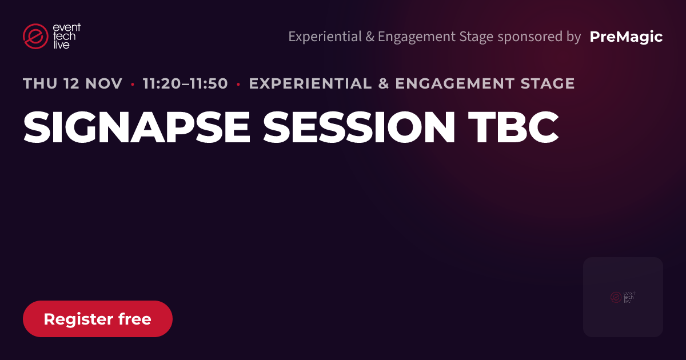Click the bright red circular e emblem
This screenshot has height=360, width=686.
(x=35, y=36)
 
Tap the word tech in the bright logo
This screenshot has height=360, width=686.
(x=64, y=36)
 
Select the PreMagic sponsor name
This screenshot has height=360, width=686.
(x=626, y=37)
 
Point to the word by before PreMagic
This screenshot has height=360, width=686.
(x=573, y=37)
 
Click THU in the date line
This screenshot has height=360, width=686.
(x=40, y=83)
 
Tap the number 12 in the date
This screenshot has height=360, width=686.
(x=71, y=83)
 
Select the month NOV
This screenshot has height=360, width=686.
(x=104, y=83)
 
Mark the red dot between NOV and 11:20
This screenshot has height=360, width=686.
(x=133, y=84)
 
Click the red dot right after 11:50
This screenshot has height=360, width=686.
(x=238, y=84)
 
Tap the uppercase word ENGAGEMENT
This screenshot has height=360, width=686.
(x=454, y=83)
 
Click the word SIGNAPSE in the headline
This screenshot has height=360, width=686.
(x=137, y=127)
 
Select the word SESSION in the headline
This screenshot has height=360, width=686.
(x=359, y=127)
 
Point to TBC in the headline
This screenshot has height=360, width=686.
(x=513, y=127)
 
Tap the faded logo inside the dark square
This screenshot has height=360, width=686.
(x=623, y=297)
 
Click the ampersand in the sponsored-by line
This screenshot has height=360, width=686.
(x=370, y=37)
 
